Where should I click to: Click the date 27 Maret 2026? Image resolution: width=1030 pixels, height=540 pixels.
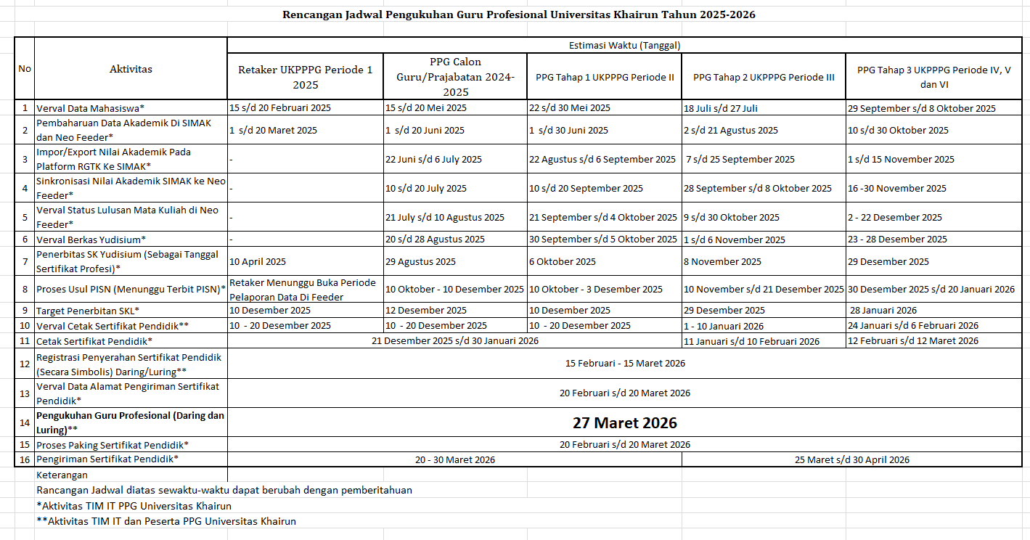coord(624,422)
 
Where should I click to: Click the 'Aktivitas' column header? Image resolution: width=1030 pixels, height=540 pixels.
coord(131,69)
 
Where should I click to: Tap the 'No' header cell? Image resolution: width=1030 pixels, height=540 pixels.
coord(25,69)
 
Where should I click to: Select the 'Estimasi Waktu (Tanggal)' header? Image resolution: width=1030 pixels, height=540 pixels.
coord(624,45)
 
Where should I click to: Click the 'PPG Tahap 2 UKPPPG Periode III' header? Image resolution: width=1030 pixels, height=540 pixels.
coord(764,77)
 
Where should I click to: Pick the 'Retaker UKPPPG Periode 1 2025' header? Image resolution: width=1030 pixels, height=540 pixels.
coord(305,77)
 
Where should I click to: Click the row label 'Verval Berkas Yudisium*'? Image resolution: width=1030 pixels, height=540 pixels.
coord(91,240)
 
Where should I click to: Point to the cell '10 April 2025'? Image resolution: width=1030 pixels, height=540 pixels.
coord(258,261)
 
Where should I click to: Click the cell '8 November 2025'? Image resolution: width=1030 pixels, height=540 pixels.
coord(722,261)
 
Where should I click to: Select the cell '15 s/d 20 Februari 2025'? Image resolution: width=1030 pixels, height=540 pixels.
coord(280,108)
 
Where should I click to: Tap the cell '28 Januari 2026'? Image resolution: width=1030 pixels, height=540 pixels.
coord(883,311)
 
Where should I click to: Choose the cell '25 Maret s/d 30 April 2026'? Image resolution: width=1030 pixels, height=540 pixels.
coord(851,459)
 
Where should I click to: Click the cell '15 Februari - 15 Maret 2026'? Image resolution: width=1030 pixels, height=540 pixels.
coord(624,363)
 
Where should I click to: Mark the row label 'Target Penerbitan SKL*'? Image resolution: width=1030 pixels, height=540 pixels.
coord(88,311)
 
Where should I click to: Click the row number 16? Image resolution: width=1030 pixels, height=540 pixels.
coord(25,459)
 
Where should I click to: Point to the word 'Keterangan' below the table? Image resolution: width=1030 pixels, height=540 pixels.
coord(62,475)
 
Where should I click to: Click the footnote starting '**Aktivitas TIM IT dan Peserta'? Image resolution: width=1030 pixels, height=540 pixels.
coord(166,521)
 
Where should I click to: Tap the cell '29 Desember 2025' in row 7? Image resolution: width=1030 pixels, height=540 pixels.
coord(888,261)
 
